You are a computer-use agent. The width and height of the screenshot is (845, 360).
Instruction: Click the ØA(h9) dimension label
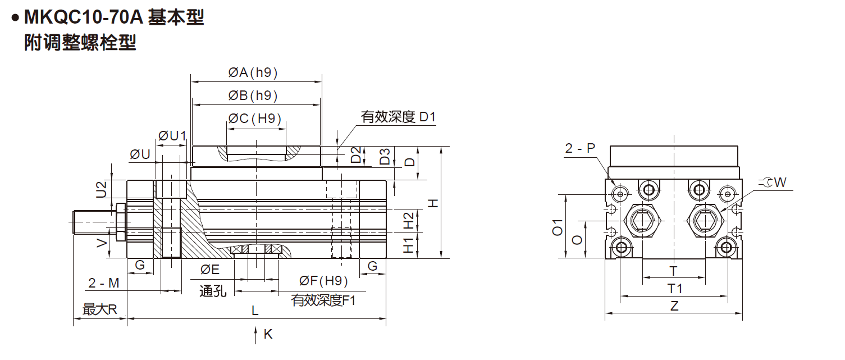point(253,72)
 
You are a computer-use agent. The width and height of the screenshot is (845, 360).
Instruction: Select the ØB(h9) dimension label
point(253,95)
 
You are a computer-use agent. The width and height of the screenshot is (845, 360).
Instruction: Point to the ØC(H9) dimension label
point(255,119)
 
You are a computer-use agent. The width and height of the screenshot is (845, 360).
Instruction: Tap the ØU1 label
point(172,136)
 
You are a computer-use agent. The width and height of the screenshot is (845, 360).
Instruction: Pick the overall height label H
point(433,203)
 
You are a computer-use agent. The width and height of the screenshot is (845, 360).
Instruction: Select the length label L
point(255,311)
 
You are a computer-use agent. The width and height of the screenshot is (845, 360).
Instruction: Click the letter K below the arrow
point(268,334)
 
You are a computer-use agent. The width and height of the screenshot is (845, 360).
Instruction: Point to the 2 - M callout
point(104,283)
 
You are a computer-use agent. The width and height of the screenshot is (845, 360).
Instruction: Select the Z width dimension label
point(674,306)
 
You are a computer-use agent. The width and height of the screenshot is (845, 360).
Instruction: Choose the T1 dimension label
point(674,289)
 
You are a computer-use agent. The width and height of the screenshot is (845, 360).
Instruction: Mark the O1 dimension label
point(558,227)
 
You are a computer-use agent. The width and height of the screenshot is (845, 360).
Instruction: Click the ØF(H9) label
point(323,281)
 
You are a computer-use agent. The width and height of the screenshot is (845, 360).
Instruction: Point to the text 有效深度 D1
point(398,117)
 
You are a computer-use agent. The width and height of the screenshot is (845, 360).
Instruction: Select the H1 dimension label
point(409,245)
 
